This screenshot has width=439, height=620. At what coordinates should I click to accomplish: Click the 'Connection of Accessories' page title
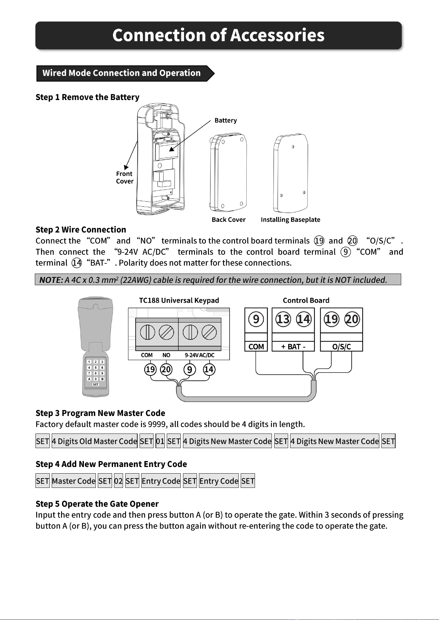(x=218, y=35)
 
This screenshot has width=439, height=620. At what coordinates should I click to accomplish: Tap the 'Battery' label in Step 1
(x=225, y=120)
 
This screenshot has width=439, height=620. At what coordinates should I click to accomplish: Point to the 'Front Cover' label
(x=125, y=178)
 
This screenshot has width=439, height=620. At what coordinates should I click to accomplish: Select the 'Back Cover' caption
(x=228, y=220)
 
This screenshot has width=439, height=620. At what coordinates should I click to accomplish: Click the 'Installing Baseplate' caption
(x=290, y=220)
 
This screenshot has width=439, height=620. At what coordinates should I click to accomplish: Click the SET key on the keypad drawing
(x=95, y=385)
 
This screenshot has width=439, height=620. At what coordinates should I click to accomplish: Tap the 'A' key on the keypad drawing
(x=89, y=379)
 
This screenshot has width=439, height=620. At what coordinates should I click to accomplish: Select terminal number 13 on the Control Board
(x=283, y=319)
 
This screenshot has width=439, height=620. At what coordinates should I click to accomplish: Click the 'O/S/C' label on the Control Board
(x=342, y=347)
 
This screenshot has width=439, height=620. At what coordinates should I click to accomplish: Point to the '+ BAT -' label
(x=293, y=347)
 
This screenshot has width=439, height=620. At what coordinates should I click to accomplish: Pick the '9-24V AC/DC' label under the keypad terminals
(x=200, y=355)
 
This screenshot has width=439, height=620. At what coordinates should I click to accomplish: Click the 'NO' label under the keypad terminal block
(x=166, y=355)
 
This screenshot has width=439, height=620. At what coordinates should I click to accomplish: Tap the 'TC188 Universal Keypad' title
(x=179, y=300)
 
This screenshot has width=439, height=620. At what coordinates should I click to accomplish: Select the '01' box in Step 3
(x=160, y=441)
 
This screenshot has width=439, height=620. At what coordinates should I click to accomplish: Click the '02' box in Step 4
(x=118, y=481)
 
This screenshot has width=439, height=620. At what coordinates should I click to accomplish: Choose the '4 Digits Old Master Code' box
(x=94, y=441)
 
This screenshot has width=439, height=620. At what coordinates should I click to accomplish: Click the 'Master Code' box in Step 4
(x=74, y=481)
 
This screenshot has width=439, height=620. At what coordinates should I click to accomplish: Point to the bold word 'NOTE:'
(x=51, y=280)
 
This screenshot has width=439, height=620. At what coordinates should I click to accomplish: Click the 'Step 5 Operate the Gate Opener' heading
(x=97, y=504)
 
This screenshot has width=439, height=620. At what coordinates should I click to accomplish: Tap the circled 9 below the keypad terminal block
(x=189, y=369)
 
